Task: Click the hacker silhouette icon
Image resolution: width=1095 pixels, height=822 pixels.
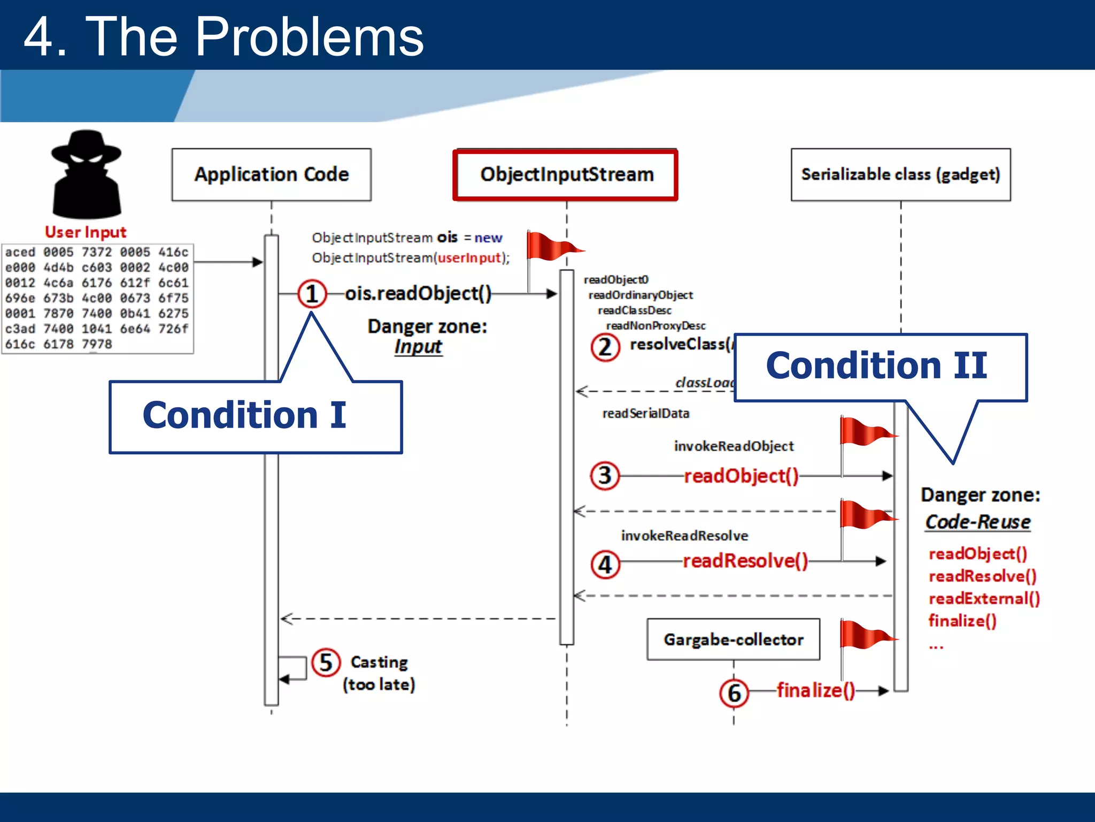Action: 86,174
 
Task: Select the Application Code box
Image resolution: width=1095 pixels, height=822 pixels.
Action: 271,174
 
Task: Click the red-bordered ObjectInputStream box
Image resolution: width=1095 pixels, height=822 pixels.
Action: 566,174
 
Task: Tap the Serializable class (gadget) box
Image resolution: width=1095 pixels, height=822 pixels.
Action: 900,174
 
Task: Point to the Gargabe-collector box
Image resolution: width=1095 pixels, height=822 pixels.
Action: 733,640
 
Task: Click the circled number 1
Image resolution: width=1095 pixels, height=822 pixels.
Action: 312,294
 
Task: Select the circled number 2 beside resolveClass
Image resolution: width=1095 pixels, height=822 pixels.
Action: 605,347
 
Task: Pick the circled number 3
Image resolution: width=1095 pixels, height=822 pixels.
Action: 605,476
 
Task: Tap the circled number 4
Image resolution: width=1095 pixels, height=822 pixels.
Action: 605,565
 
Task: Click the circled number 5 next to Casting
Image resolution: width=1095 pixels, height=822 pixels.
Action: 326,663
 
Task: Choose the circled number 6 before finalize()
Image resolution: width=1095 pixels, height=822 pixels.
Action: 734,693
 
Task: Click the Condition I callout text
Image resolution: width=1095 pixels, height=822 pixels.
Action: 244,415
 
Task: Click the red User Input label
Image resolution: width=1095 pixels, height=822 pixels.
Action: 86,232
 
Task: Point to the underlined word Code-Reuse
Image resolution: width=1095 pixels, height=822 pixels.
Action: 977,522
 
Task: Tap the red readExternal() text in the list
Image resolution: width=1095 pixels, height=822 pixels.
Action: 984,598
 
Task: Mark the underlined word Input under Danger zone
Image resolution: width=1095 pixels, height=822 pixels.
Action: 418,347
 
